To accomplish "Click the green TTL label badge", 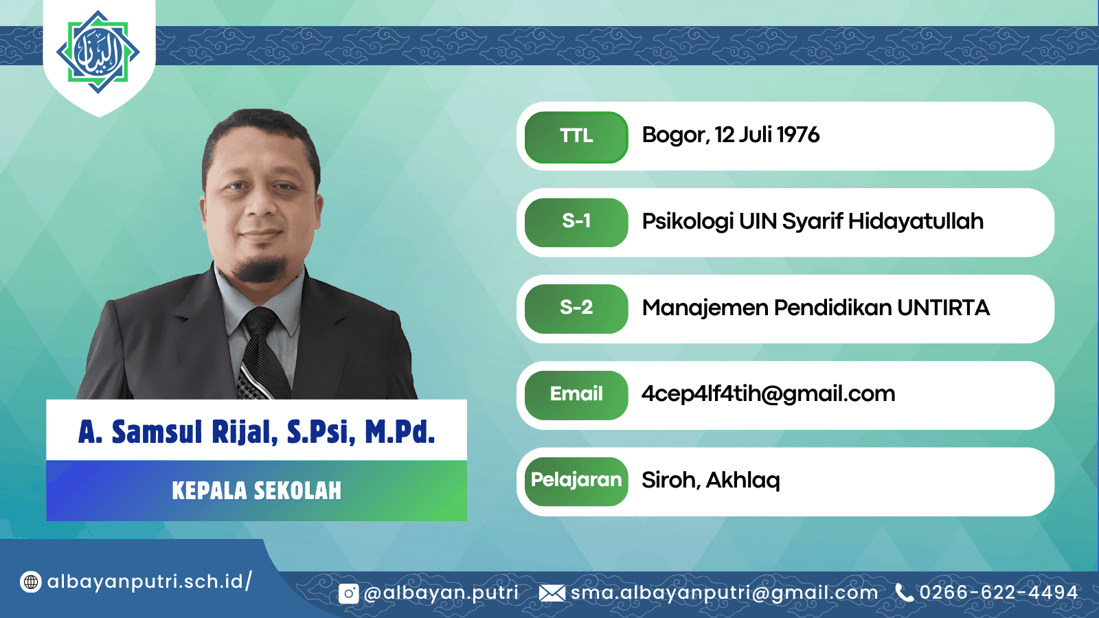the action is pyautogui.click(x=576, y=137).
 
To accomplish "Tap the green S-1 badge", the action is pyautogui.click(x=576, y=222).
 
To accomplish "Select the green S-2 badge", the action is pyautogui.click(x=576, y=308).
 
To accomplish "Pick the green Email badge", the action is pyautogui.click(x=576, y=395).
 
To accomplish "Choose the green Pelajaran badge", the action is pyautogui.click(x=576, y=481).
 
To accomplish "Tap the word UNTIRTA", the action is pyautogui.click(x=944, y=308).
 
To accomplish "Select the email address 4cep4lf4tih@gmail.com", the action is pyautogui.click(x=769, y=394).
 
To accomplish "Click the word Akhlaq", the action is pyautogui.click(x=743, y=480).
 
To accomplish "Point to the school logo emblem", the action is pyautogui.click(x=98, y=52).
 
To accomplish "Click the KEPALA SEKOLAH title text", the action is pyautogui.click(x=257, y=491).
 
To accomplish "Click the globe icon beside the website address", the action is pyautogui.click(x=30, y=582).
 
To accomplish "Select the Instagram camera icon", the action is pyautogui.click(x=348, y=594).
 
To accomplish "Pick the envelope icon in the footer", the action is pyautogui.click(x=552, y=593).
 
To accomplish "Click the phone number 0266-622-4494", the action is pyautogui.click(x=999, y=593).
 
